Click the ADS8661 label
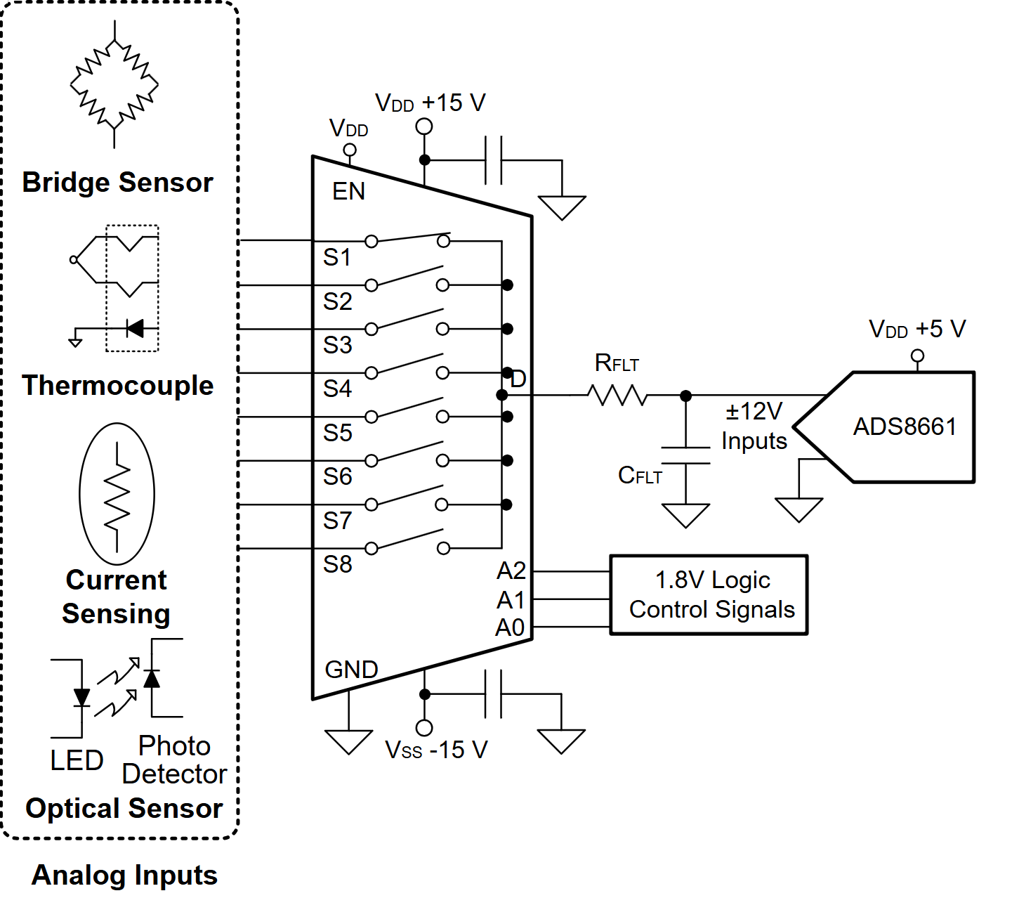tap(905, 427)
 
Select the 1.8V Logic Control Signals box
tap(709, 595)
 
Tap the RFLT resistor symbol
tap(618, 396)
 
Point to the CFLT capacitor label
tap(639, 476)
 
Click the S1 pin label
tap(337, 258)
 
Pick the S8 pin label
tap(337, 564)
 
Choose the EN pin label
tap(348, 191)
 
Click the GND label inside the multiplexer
tap(351, 670)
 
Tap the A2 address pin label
tap(511, 571)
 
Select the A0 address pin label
tap(510, 627)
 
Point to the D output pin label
tap(518, 379)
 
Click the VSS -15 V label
tap(436, 750)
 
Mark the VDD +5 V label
tap(917, 329)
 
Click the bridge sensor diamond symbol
tap(114, 85)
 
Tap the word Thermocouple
tap(118, 386)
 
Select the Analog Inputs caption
tap(124, 875)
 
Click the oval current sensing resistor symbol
tap(117, 493)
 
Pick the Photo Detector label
tap(174, 760)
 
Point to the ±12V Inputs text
tap(754, 426)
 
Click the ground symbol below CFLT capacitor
tap(685, 515)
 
